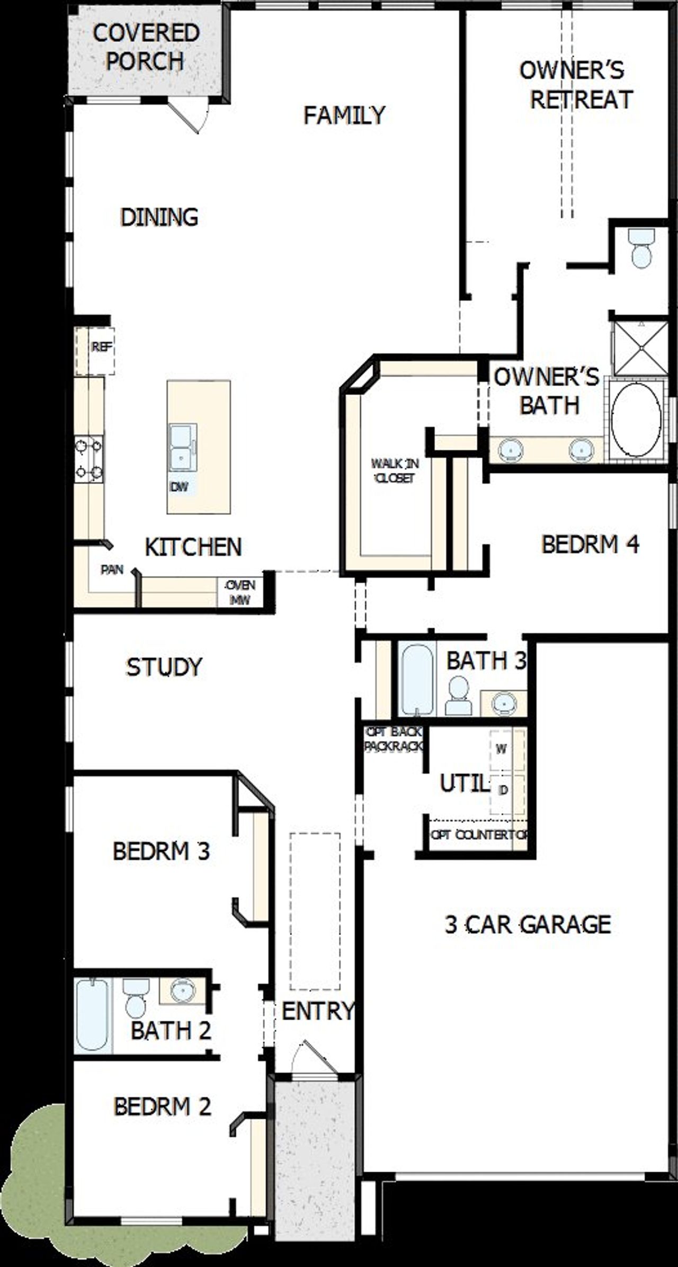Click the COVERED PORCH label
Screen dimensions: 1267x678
[146, 47]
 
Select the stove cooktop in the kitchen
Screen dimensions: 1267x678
[88, 459]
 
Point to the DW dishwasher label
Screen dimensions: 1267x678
[179, 487]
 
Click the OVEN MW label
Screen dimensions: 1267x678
[240, 592]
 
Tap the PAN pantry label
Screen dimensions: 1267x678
[112, 570]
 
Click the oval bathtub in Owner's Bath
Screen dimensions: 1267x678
[636, 420]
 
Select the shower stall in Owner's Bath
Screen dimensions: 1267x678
[640, 348]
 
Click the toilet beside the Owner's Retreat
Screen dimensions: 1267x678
[641, 248]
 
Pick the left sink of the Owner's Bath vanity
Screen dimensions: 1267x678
[510, 450]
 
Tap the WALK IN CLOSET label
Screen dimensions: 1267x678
[395, 470]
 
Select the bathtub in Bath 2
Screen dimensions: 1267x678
[92, 1014]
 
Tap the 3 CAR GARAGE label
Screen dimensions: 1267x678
[528, 924]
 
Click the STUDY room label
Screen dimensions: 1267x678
[164, 667]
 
